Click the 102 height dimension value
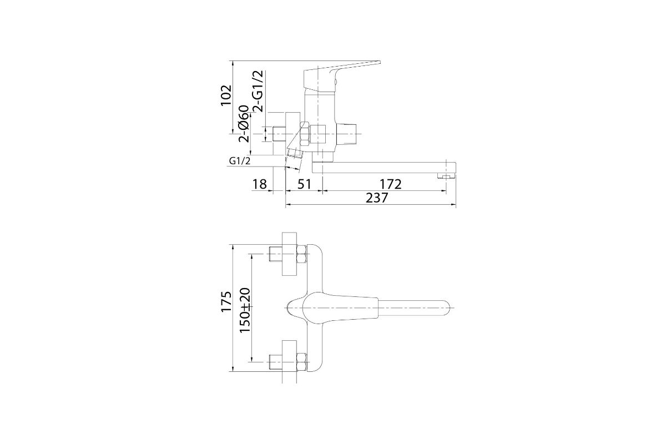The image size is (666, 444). click(226, 95)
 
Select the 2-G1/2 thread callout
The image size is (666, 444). click(258, 91)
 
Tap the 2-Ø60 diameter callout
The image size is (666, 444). click(244, 124)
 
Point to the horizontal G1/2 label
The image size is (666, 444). click(240, 161)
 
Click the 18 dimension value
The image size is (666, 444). click(260, 184)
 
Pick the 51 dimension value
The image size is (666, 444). click(304, 184)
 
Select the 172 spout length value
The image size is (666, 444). click(391, 184)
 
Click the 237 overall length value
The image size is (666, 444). click(377, 198)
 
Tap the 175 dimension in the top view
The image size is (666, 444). click(226, 301)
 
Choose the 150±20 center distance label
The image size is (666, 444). click(245, 310)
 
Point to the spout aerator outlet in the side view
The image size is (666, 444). click(446, 176)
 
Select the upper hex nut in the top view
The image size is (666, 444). click(302, 254)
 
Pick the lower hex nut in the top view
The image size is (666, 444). click(302, 362)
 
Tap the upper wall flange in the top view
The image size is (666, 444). click(289, 254)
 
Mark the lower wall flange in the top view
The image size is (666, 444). click(289, 362)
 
